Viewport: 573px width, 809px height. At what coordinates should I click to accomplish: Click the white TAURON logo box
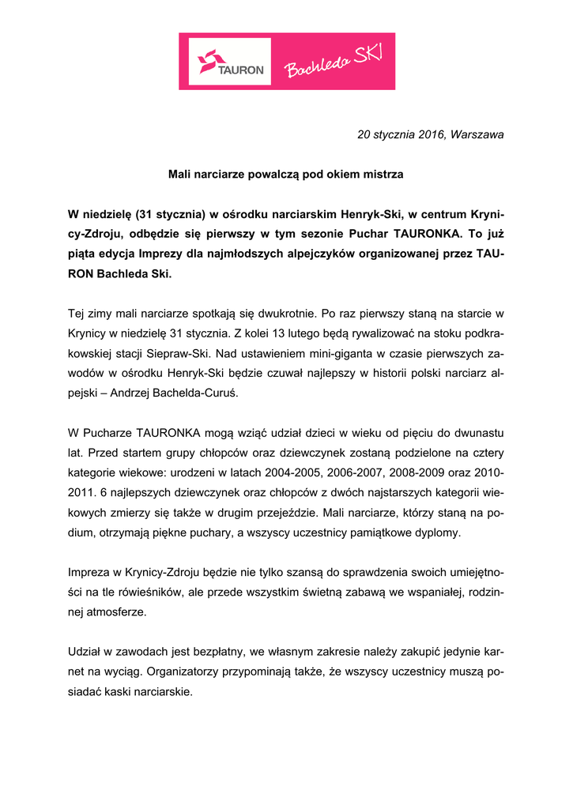coord(229,62)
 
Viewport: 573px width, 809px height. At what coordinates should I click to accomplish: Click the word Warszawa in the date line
coord(477,135)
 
